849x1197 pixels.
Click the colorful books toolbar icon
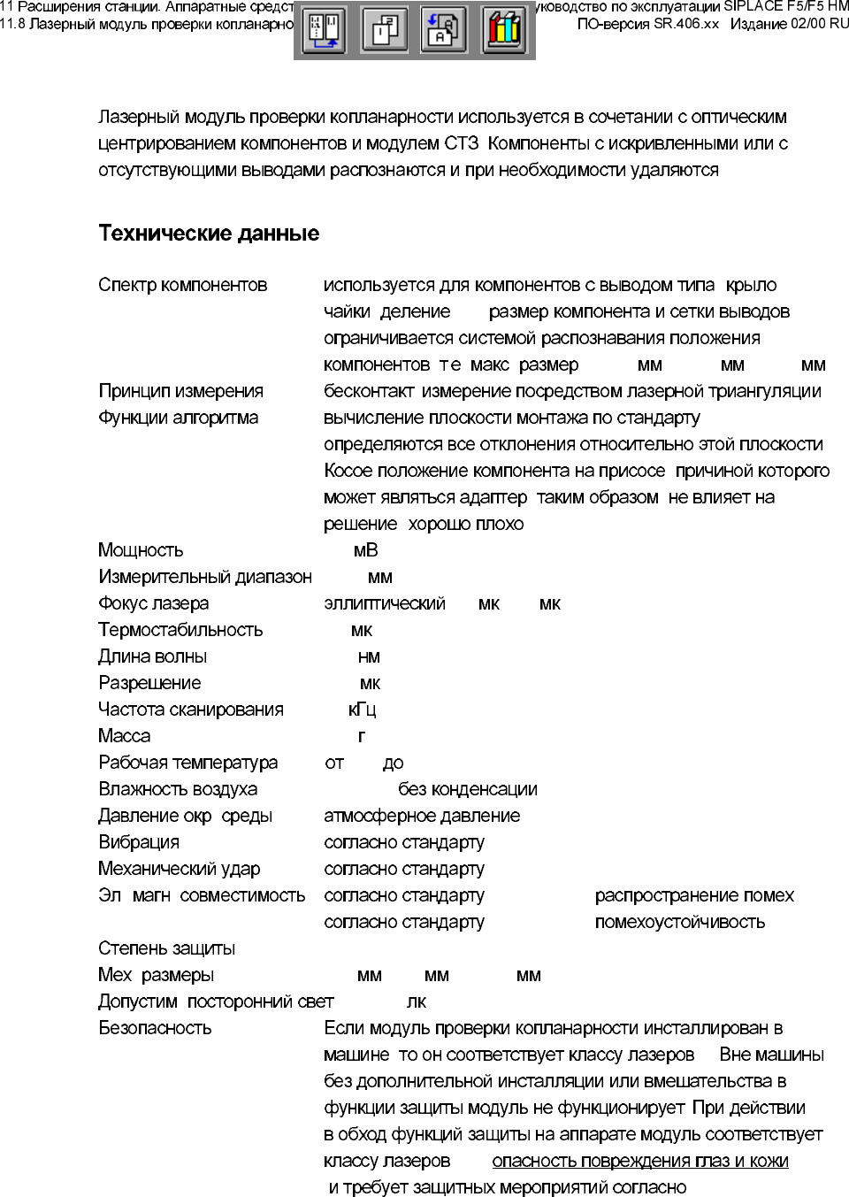[x=503, y=30]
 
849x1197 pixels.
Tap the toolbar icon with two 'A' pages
[x=443, y=30]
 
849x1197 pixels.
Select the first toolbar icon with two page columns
[x=324, y=30]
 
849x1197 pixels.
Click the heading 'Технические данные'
[x=209, y=234]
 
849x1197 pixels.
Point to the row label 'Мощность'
[x=141, y=550]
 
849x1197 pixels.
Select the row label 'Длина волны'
[x=153, y=656]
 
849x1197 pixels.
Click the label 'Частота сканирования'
[x=191, y=710]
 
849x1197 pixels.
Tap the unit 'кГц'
[x=362, y=710]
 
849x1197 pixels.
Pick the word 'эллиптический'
[x=385, y=603]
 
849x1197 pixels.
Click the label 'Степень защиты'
[x=166, y=948]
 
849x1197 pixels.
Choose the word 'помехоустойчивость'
[x=679, y=922]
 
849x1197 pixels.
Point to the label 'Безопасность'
[x=155, y=1028]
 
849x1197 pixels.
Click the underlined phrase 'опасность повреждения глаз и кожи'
[x=639, y=1161]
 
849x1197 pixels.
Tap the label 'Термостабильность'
[x=180, y=630]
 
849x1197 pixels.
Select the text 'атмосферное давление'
[x=422, y=816]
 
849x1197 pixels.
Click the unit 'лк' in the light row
[x=416, y=1001]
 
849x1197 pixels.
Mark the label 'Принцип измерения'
[x=180, y=391]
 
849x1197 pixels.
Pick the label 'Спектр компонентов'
[x=183, y=285]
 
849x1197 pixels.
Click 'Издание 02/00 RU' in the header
[x=789, y=24]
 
